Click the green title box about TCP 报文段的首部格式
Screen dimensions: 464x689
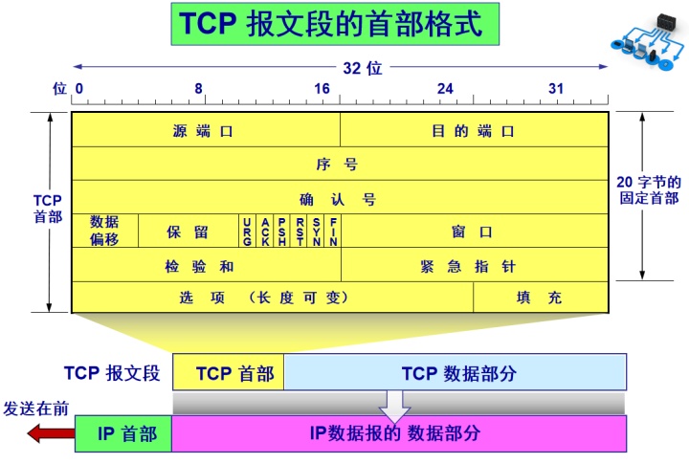point(334,25)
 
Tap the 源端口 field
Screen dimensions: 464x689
point(206,130)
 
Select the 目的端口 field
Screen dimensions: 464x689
point(474,130)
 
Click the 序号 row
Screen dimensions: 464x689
point(340,164)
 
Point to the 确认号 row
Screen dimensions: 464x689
point(340,198)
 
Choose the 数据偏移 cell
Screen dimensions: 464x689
point(105,231)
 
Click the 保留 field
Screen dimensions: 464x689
point(189,231)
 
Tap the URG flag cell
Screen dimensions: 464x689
point(247,231)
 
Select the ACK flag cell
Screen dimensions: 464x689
point(265,231)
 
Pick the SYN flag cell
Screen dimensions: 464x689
point(316,231)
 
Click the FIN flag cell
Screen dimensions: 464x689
point(333,231)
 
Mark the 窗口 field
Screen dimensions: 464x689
point(474,231)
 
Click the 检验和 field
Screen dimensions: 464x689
point(206,265)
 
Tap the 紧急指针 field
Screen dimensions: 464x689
point(474,265)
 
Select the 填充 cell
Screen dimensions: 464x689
point(541,298)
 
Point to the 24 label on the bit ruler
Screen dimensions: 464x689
point(445,89)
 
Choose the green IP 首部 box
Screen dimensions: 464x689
point(123,433)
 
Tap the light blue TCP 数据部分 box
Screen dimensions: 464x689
point(456,373)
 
